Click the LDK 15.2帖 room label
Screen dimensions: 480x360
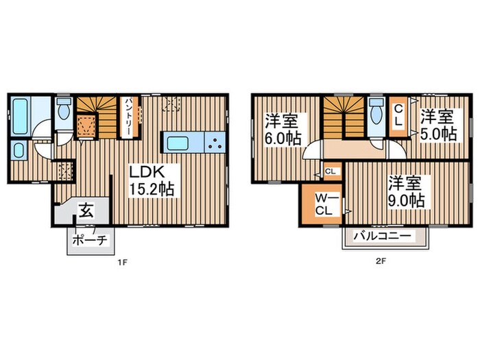[152, 181]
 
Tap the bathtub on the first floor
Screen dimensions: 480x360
[20, 115]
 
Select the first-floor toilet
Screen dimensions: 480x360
[64, 109]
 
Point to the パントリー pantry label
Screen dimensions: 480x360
[128, 117]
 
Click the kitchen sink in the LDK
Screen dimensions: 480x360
[178, 143]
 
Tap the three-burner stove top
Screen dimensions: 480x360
[215, 143]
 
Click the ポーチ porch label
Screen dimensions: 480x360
[90, 240]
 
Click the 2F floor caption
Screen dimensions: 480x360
[380, 261]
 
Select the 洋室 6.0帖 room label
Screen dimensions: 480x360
[283, 130]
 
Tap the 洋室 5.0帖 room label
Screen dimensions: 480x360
[438, 125]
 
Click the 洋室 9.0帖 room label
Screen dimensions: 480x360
[406, 192]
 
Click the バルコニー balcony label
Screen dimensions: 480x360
[383, 237]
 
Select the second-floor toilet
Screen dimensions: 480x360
[376, 113]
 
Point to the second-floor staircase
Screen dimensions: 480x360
[344, 118]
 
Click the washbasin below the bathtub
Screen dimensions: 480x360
[19, 150]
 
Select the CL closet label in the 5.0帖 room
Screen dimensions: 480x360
[398, 115]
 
